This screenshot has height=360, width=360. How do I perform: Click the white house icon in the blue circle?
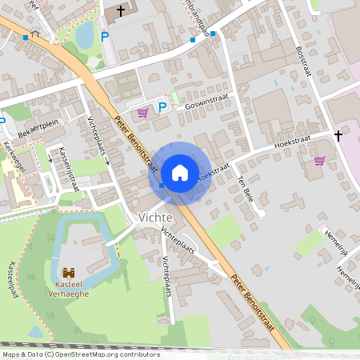pos(179,172)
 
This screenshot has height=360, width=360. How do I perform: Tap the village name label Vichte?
pos(156,218)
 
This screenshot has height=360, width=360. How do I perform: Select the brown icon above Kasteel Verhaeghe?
pos(69,272)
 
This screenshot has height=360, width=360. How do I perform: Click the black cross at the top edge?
pos(122,11)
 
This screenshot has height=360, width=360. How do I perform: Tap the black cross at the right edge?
pos(338,136)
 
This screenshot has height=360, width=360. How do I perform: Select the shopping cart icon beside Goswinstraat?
pos(143,113)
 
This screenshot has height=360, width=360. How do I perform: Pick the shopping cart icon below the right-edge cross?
pos(319,161)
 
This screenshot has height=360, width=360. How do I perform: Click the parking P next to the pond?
pos(104,36)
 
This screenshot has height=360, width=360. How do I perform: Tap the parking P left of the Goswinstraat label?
pos(162,106)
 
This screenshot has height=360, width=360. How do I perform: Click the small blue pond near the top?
pos(84,35)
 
